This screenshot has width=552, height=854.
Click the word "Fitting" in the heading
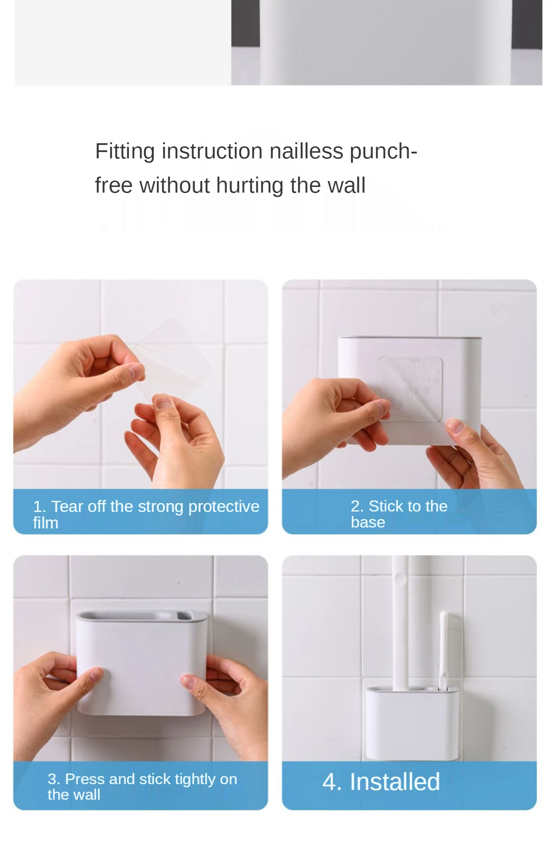125,152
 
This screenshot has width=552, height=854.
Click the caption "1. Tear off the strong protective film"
146,514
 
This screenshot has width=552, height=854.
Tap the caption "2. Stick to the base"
399,514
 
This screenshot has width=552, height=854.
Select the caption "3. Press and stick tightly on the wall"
142,786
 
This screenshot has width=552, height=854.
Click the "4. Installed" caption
381,781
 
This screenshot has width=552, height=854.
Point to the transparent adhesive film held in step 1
171,359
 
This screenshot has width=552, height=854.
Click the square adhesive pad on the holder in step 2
410,388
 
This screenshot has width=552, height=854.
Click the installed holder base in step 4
412,723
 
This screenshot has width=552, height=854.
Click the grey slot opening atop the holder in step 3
142,616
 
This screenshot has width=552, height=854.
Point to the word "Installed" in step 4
395,781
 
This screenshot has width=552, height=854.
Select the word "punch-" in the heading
383,152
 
